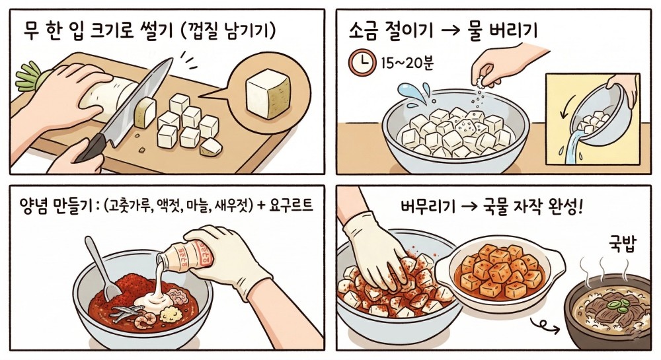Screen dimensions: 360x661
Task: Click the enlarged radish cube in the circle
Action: coord(268,93)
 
